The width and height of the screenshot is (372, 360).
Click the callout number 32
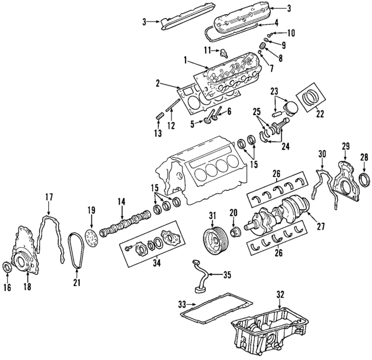281,293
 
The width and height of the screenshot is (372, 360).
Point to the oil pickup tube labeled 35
199,276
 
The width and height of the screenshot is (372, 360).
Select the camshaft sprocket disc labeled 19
90,238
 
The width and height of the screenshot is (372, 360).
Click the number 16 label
8,287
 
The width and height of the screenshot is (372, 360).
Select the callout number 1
185,59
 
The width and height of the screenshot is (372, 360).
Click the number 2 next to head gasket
157,84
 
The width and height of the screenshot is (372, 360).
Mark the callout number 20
233,212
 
